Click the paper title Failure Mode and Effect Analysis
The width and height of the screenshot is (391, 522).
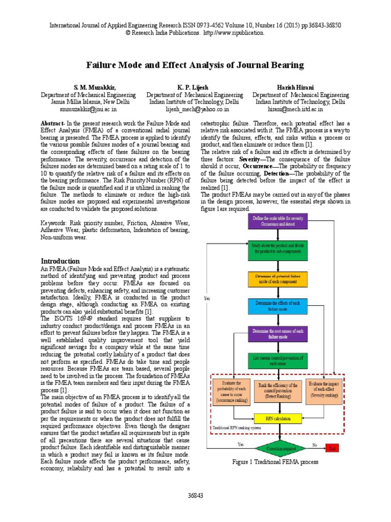click(x=195, y=65)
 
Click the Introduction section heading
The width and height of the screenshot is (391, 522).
click(x=60, y=261)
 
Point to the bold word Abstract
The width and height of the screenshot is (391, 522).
click(x=51, y=124)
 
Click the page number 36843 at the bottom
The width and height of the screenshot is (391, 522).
click(x=195, y=495)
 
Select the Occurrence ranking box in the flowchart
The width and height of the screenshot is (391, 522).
click(x=231, y=391)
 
